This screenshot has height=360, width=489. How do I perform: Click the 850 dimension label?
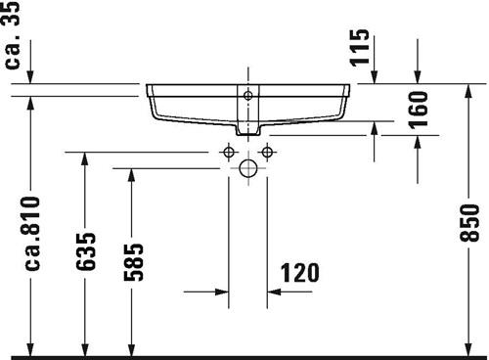pyautogui.click(x=469, y=223)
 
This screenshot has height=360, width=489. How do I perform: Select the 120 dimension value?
pyautogui.click(x=300, y=273)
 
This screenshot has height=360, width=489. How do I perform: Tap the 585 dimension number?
pyautogui.click(x=133, y=262)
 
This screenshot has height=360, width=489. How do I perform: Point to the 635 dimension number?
pyautogui.click(x=86, y=251)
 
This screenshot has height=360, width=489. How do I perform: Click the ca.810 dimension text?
pyautogui.click(x=33, y=234)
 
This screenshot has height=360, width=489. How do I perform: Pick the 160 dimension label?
pyautogui.click(x=419, y=111)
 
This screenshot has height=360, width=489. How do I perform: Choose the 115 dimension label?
pyautogui.click(x=360, y=48)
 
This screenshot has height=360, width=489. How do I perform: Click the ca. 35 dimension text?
pyautogui.click(x=12, y=34)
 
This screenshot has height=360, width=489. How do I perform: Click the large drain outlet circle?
pyautogui.click(x=248, y=168)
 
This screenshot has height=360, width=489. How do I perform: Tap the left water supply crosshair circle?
pyautogui.click(x=229, y=152)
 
